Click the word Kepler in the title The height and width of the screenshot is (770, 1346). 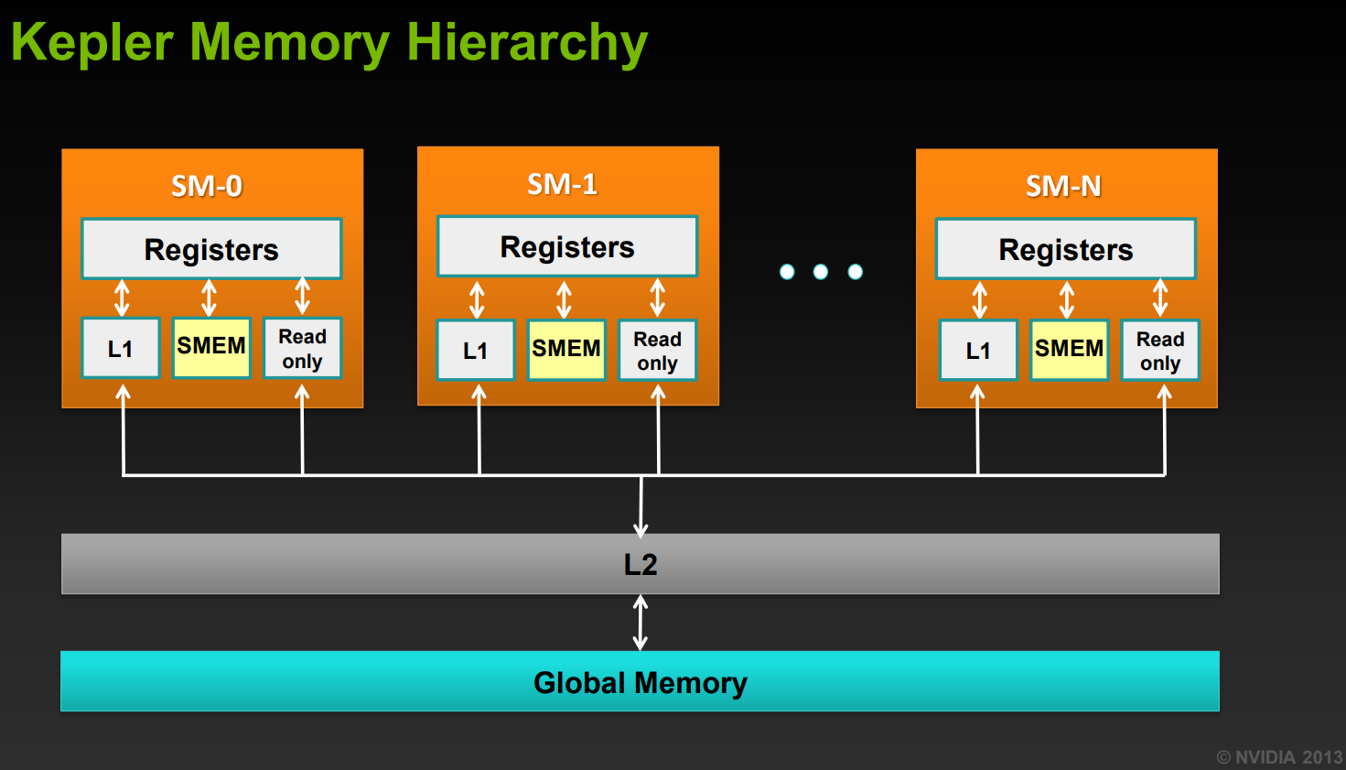click(92, 42)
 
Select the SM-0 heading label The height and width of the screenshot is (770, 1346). click(207, 186)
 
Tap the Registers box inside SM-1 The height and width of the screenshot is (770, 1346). click(567, 246)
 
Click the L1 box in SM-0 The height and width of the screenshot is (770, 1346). click(121, 348)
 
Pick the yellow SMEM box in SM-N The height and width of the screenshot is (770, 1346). click(1069, 349)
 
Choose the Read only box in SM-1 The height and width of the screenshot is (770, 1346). click(657, 350)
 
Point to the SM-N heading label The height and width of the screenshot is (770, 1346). click(1063, 186)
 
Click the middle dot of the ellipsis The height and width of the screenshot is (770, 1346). click(821, 272)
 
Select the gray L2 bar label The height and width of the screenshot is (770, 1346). click(641, 564)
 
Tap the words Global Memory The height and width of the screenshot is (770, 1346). click(641, 682)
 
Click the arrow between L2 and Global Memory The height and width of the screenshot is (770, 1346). click(641, 623)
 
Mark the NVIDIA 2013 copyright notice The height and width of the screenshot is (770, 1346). click(1279, 757)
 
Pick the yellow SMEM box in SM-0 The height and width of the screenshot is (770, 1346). click(211, 347)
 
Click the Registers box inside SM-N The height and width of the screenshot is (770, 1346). click(1066, 249)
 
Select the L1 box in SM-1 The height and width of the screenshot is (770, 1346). click(476, 350)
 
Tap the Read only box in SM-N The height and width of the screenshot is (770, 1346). click(1160, 351)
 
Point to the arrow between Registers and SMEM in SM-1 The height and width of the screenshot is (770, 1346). click(565, 298)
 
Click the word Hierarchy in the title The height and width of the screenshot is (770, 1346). click(527, 42)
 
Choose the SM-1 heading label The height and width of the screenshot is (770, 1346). click(562, 184)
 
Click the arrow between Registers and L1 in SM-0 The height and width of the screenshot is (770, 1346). click(122, 298)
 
